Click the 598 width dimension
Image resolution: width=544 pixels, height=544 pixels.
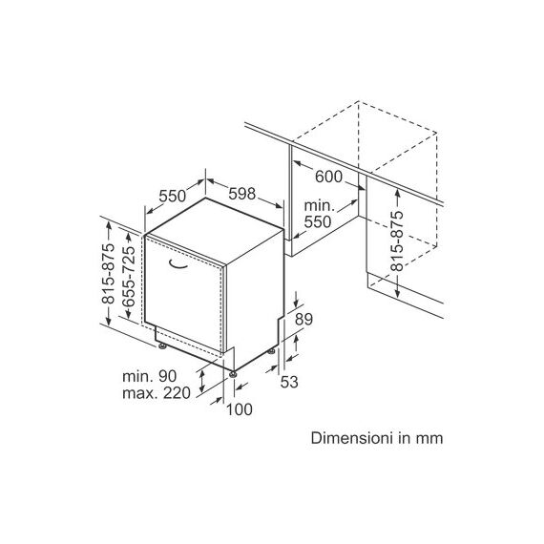coord(241,194)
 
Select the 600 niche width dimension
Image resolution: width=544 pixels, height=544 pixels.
coord(328,177)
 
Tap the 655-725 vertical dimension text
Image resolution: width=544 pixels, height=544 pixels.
coord(129,276)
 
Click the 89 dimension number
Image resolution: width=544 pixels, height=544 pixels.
coord(303,319)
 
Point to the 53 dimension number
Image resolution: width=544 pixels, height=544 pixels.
coord(289,382)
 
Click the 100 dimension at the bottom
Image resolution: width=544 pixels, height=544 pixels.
coord(240,409)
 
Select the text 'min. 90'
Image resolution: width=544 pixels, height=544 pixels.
coord(150,376)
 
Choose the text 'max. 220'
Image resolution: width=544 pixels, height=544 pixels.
coord(157,393)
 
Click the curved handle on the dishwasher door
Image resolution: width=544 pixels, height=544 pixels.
coord(178,265)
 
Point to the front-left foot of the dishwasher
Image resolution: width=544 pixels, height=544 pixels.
coord(162,345)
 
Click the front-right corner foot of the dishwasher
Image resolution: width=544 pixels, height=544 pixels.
coord(233,374)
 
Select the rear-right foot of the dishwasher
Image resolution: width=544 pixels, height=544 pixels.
coord(271,352)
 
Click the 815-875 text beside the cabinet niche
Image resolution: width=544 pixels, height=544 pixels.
coord(397,241)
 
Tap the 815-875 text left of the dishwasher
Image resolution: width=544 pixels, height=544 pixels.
coord(108,274)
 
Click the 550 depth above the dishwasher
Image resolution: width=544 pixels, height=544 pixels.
coord(173,196)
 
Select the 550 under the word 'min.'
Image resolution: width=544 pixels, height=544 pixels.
coord(318,222)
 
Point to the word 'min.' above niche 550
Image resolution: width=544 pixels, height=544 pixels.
coord(320,206)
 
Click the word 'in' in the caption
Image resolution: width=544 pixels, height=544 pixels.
coord(406,438)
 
